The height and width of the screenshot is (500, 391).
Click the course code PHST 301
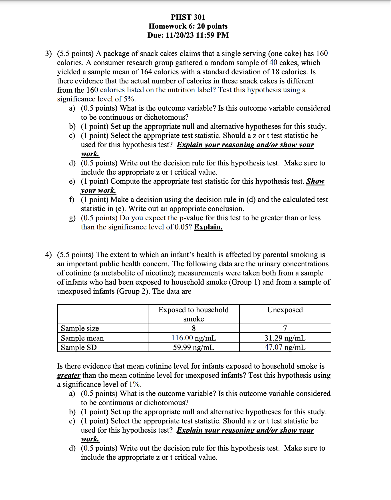pyautogui.click(x=188, y=17)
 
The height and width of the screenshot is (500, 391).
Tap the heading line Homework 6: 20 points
pyautogui.click(x=188, y=26)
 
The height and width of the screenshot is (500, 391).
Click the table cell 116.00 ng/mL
pyautogui.click(x=194, y=338)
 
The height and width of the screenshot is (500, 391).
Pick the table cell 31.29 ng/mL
pyautogui.click(x=285, y=338)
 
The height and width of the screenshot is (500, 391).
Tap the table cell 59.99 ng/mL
pyautogui.click(x=194, y=347)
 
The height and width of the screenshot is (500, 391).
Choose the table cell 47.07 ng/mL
pyautogui.click(x=285, y=347)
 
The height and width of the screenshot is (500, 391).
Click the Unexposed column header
pyautogui.click(x=285, y=310)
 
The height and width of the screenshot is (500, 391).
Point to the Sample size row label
pyautogui.click(x=80, y=328)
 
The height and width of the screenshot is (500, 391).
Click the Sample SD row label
pyautogui.click(x=79, y=347)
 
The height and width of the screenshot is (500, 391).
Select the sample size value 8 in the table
pyautogui.click(x=194, y=328)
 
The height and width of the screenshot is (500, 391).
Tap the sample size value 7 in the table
pyautogui.click(x=285, y=328)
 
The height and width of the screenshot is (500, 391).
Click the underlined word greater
pyautogui.click(x=68, y=375)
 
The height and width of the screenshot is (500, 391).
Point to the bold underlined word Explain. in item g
pyautogui.click(x=208, y=227)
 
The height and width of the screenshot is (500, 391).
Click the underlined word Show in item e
pyautogui.click(x=315, y=181)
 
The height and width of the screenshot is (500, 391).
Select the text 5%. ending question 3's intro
pyautogui.click(x=129, y=99)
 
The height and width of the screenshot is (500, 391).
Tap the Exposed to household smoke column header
pyautogui.click(x=194, y=314)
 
